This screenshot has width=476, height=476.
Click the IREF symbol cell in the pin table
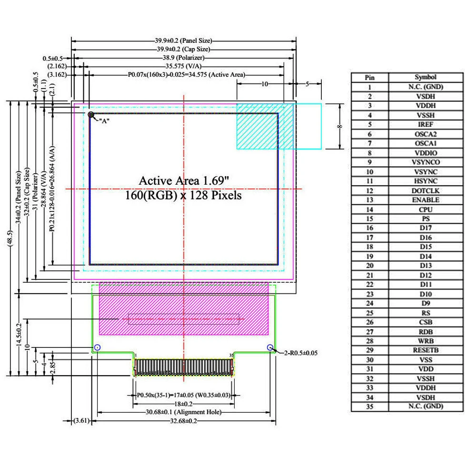pyautogui.click(x=426, y=125)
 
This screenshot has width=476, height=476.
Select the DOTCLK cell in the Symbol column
pyautogui.click(x=426, y=190)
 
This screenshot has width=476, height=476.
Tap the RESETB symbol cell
pyautogui.click(x=426, y=350)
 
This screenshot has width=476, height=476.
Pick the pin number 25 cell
pyautogui.click(x=369, y=313)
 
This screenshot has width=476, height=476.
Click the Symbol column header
pyautogui.click(x=426, y=77)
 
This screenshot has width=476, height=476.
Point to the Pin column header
pyautogui.click(x=369, y=77)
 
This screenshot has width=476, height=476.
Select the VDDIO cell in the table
pyautogui.click(x=426, y=153)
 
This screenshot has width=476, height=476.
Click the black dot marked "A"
pyautogui.click(x=90, y=114)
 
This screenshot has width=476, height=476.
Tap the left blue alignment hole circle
pyautogui.click(x=98, y=347)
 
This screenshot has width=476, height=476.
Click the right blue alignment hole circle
pyautogui.click(x=270, y=347)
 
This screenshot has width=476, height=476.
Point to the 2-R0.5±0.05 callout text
pyautogui.click(x=300, y=353)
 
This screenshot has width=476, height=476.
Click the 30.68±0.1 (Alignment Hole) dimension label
pyautogui.click(x=183, y=412)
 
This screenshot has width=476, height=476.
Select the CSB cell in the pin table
pyautogui.click(x=426, y=322)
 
